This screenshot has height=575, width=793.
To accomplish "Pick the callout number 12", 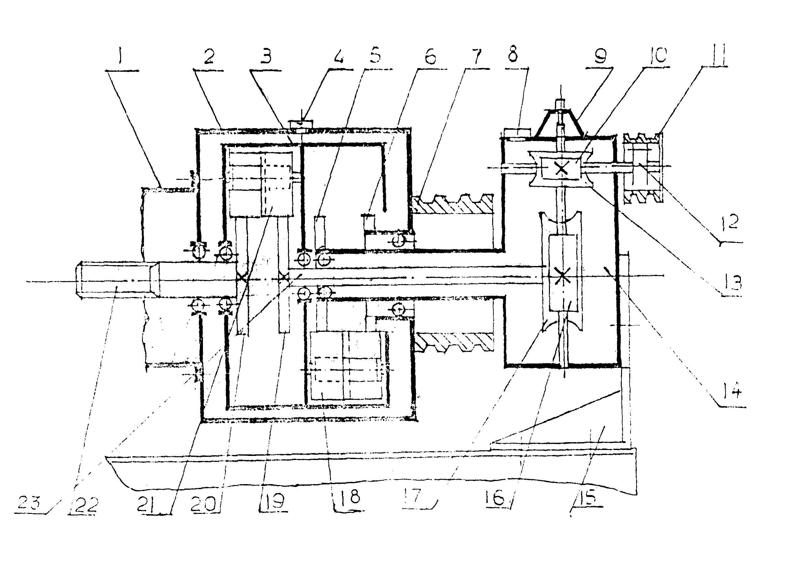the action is coord(730,222).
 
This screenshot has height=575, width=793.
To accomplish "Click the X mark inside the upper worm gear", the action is coord(561,169).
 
